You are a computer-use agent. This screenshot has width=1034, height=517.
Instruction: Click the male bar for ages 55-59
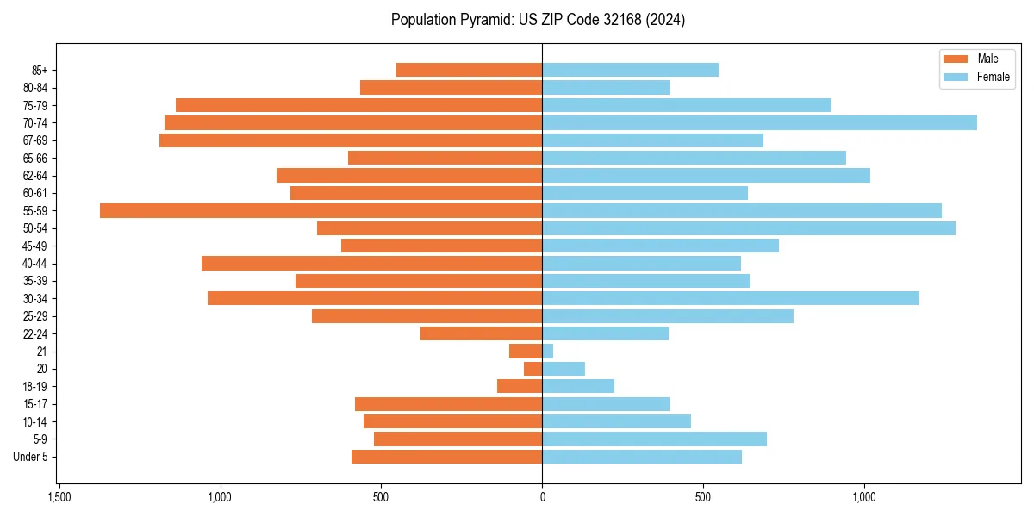click(x=321, y=210)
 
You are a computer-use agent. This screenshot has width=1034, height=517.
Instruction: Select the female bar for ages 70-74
click(x=759, y=122)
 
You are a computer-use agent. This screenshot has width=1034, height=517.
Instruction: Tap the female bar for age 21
click(x=548, y=351)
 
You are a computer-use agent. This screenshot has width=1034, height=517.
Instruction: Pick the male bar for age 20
click(x=533, y=369)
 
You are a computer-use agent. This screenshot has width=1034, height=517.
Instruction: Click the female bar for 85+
click(x=630, y=70)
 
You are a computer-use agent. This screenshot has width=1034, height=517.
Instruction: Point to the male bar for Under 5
click(x=446, y=457)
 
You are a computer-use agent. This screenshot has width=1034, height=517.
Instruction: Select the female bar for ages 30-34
click(x=730, y=298)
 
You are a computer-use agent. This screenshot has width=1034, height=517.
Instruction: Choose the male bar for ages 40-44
click(x=371, y=263)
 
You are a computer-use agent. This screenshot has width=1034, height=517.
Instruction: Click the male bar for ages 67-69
click(x=351, y=140)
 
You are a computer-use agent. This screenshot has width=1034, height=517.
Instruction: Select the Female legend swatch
click(x=956, y=77)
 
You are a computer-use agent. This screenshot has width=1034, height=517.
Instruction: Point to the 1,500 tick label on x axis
click(x=59, y=497)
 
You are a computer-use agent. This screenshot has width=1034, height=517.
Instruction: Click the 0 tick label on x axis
click(x=542, y=497)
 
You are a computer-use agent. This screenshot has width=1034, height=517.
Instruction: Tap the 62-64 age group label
click(x=35, y=175)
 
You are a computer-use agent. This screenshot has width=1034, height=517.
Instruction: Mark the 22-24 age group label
click(x=35, y=333)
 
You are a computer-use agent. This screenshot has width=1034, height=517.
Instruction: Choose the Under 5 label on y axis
click(x=30, y=457)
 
